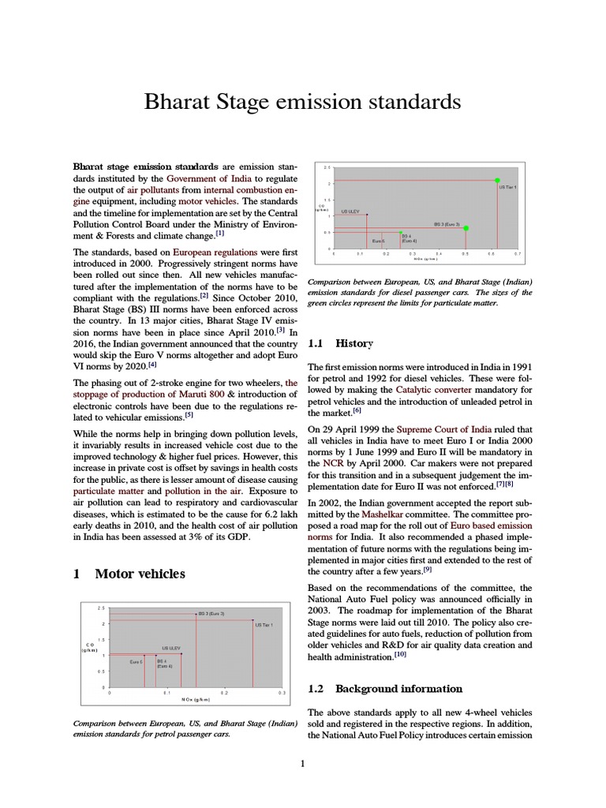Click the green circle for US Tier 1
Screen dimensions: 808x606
pyautogui.click(x=496, y=180)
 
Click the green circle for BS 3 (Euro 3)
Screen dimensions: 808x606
pyautogui.click(x=466, y=228)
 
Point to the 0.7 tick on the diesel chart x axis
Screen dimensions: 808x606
pyautogui.click(x=518, y=253)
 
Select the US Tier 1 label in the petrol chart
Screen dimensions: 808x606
pyautogui.click(x=264, y=624)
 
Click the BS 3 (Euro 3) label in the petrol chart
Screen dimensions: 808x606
pyautogui.click(x=211, y=613)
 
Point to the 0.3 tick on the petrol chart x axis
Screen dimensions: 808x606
pyautogui.click(x=282, y=692)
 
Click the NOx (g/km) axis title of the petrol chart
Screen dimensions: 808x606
pyautogui.click(x=196, y=699)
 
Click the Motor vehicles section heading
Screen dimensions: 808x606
pyautogui.click(x=140, y=574)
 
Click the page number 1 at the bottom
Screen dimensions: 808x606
pyautogui.click(x=302, y=763)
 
